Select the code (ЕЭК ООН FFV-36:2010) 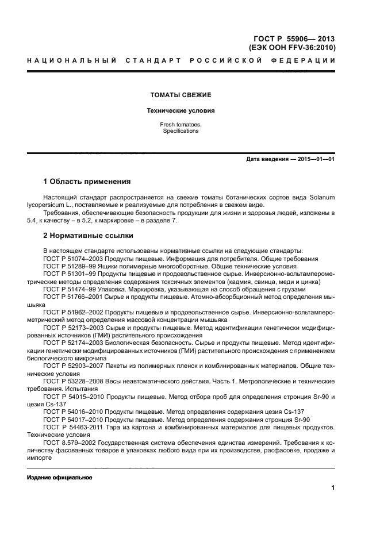(292, 48)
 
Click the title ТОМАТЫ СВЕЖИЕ (181, 95)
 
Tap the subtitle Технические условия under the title (181, 110)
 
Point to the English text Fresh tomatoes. (181, 124)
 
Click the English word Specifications (181, 131)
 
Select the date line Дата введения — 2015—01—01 (290, 159)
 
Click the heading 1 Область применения (87, 181)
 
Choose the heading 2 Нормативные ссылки (89, 236)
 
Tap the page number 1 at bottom (333, 488)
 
